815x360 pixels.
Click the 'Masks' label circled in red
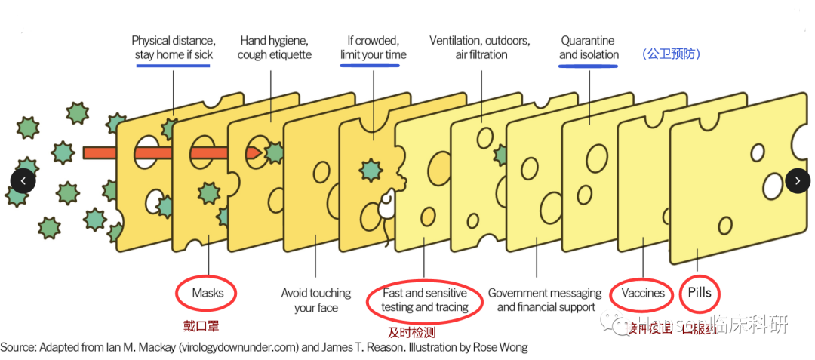pyautogui.click(x=208, y=293)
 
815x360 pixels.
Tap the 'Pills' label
pyautogui.click(x=700, y=293)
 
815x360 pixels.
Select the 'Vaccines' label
pyautogui.click(x=643, y=293)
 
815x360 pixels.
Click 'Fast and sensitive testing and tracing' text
pyautogui.click(x=424, y=300)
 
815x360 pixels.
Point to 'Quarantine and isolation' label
pyautogui.click(x=589, y=48)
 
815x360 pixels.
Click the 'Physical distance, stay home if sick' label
pyautogui.click(x=174, y=48)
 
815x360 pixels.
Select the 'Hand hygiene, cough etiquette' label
pyautogui.click(x=274, y=48)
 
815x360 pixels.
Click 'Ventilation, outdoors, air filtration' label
pyautogui.click(x=479, y=48)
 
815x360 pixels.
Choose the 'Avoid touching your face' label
pyautogui.click(x=316, y=300)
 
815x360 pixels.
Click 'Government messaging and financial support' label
pyautogui.click(x=545, y=300)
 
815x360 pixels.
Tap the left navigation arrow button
pyautogui.click(x=23, y=181)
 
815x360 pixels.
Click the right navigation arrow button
pyautogui.click(x=798, y=181)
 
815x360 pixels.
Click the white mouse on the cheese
pyautogui.click(x=386, y=202)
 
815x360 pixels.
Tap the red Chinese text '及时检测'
pyautogui.click(x=411, y=332)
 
